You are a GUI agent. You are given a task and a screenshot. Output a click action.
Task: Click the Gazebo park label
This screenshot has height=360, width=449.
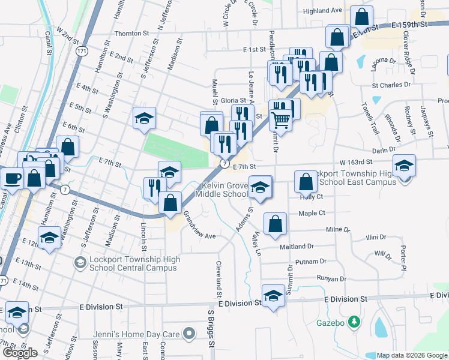[331, 322]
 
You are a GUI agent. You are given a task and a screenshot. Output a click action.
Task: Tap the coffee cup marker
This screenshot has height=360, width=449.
[12, 178]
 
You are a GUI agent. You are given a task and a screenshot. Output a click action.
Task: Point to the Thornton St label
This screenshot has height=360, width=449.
[131, 34]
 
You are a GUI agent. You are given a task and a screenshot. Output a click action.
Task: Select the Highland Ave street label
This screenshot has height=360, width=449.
[322, 11]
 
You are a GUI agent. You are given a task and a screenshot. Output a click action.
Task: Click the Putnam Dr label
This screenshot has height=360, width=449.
[311, 262]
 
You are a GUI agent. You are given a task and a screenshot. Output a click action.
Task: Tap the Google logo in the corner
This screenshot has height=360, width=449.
[20, 352]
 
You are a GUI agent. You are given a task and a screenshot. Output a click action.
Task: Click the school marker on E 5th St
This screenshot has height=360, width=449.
[144, 118]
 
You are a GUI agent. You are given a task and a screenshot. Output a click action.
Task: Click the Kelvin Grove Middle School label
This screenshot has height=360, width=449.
[225, 190]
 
